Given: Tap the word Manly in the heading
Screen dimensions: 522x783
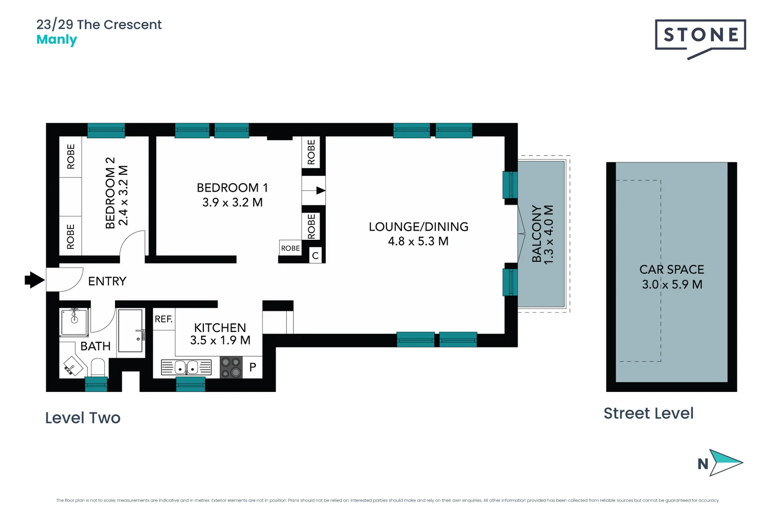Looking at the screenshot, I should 57,40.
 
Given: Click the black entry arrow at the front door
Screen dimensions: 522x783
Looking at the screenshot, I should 34,280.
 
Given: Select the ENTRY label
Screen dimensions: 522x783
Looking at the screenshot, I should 107,281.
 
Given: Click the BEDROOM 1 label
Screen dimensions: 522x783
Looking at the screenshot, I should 232,188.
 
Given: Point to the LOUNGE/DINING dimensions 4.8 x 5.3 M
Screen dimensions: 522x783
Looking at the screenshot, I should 418,241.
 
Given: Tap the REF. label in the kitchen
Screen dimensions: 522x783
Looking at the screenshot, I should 163,319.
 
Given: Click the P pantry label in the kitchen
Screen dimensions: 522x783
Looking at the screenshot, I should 252,367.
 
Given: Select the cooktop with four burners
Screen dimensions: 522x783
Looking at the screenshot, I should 231,367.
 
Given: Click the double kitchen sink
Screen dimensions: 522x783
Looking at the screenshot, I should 186,368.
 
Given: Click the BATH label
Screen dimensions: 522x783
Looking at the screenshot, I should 95,346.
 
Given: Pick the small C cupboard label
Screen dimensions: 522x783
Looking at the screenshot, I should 315,256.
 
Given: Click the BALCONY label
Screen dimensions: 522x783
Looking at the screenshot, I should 536,234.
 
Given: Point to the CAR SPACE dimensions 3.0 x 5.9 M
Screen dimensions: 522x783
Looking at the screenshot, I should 672,285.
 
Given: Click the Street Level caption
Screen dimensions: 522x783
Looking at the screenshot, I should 648,413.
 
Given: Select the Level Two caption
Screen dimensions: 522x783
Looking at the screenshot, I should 83,418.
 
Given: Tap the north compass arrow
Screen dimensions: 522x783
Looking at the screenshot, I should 725,463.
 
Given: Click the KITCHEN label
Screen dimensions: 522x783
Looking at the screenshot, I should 220,328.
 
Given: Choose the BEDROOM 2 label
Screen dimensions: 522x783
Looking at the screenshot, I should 110,192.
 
